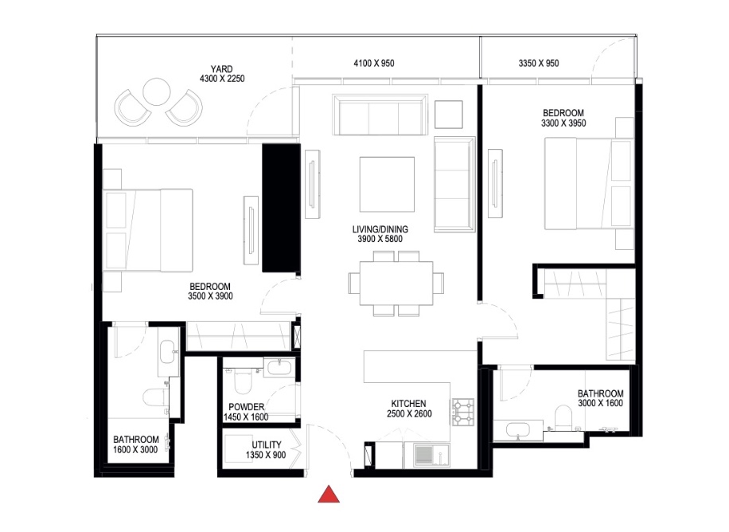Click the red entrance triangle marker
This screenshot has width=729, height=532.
tap(329, 495)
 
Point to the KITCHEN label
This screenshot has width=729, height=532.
tap(408, 404)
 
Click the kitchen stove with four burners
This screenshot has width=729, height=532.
tap(463, 411)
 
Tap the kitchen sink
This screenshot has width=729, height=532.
tap(423, 456)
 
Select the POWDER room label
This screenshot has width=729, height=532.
tap(246, 407)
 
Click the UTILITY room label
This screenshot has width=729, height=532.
tap(265, 444)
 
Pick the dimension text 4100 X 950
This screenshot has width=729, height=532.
tap(374, 63)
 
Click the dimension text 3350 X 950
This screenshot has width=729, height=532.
tap(538, 63)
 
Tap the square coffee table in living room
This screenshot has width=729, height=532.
tap(387, 183)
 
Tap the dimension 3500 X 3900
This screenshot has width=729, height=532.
tap(210, 296)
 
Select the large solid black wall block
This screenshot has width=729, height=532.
tap(281, 208)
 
